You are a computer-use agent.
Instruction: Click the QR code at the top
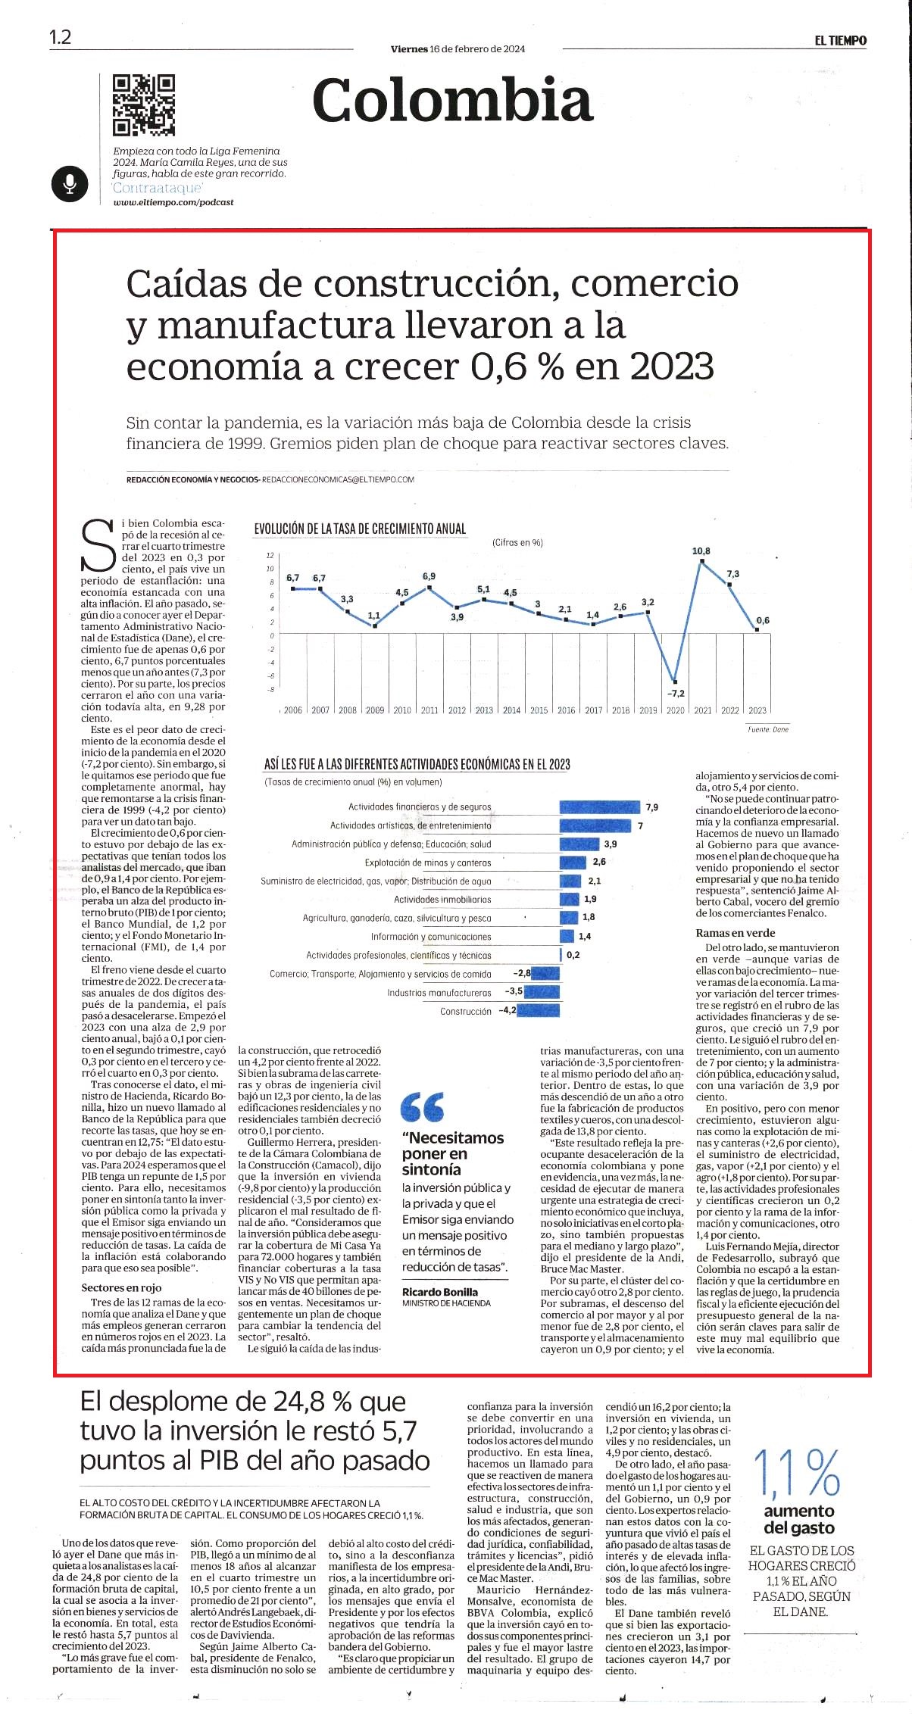point(144,105)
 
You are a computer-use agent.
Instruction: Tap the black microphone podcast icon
point(70,183)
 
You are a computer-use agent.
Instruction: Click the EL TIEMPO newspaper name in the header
point(841,41)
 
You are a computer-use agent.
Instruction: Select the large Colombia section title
point(452,100)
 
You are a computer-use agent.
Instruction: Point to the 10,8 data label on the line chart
point(701,551)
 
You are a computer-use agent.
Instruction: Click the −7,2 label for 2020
point(676,693)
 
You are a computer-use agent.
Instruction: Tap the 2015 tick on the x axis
point(539,710)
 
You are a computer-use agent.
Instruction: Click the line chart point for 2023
point(757,629)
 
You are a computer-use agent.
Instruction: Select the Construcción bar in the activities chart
point(538,1010)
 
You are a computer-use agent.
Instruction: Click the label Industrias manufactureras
point(439,992)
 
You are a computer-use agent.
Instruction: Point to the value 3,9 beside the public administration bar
point(610,844)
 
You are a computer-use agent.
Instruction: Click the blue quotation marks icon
point(423,1107)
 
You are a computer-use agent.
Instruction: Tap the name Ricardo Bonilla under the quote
point(440,1292)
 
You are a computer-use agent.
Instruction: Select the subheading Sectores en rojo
point(121,1287)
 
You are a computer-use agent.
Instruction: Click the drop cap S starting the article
point(98,545)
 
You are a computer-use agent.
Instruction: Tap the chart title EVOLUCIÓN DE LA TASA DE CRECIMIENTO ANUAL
point(360,529)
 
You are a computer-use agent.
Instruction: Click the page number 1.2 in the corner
point(60,37)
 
